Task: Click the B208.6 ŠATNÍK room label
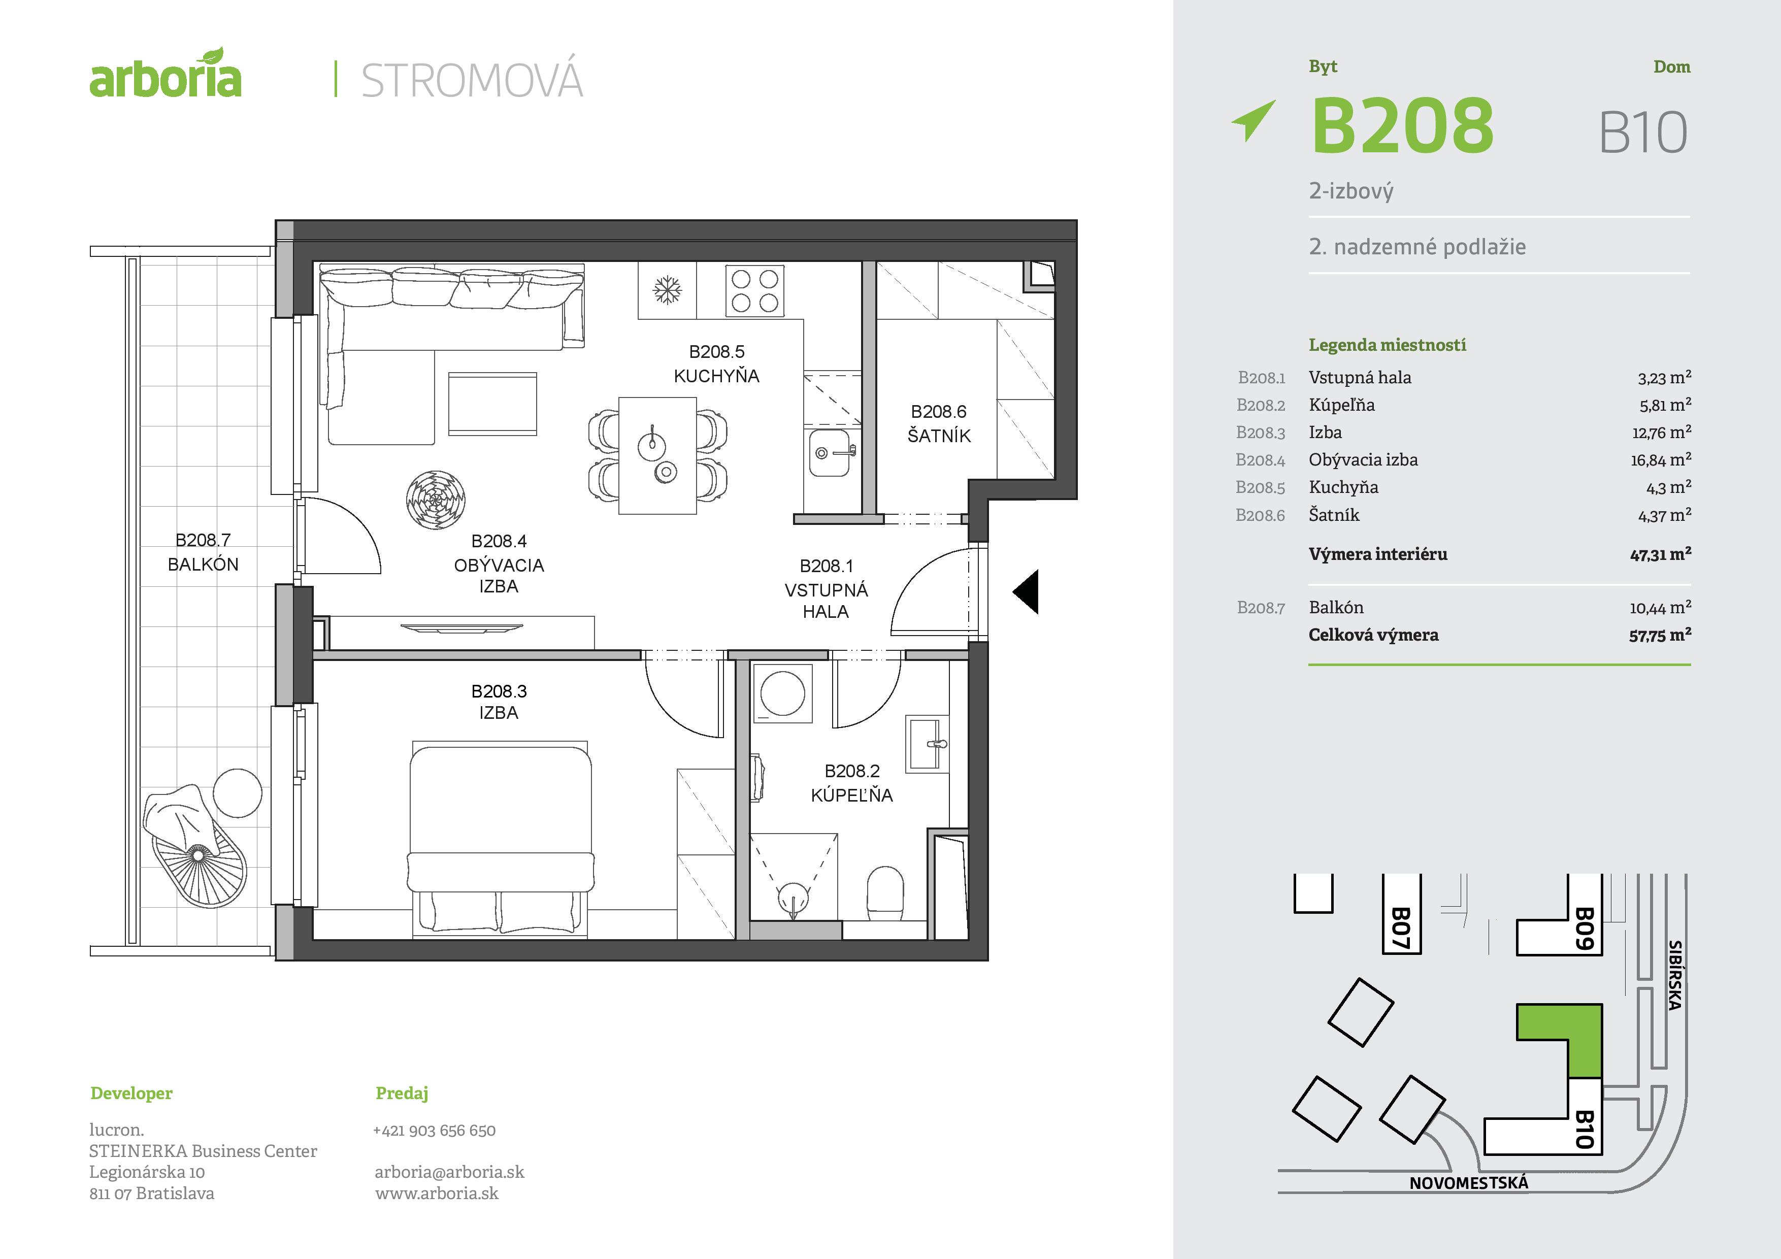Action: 939,423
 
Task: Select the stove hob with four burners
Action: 754,291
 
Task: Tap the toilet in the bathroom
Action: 885,892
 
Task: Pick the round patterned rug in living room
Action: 436,500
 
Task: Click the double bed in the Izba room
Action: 500,838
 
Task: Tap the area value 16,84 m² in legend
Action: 1660,460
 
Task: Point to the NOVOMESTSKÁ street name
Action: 1468,1183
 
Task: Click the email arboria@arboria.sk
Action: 449,1172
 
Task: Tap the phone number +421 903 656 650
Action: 435,1130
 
